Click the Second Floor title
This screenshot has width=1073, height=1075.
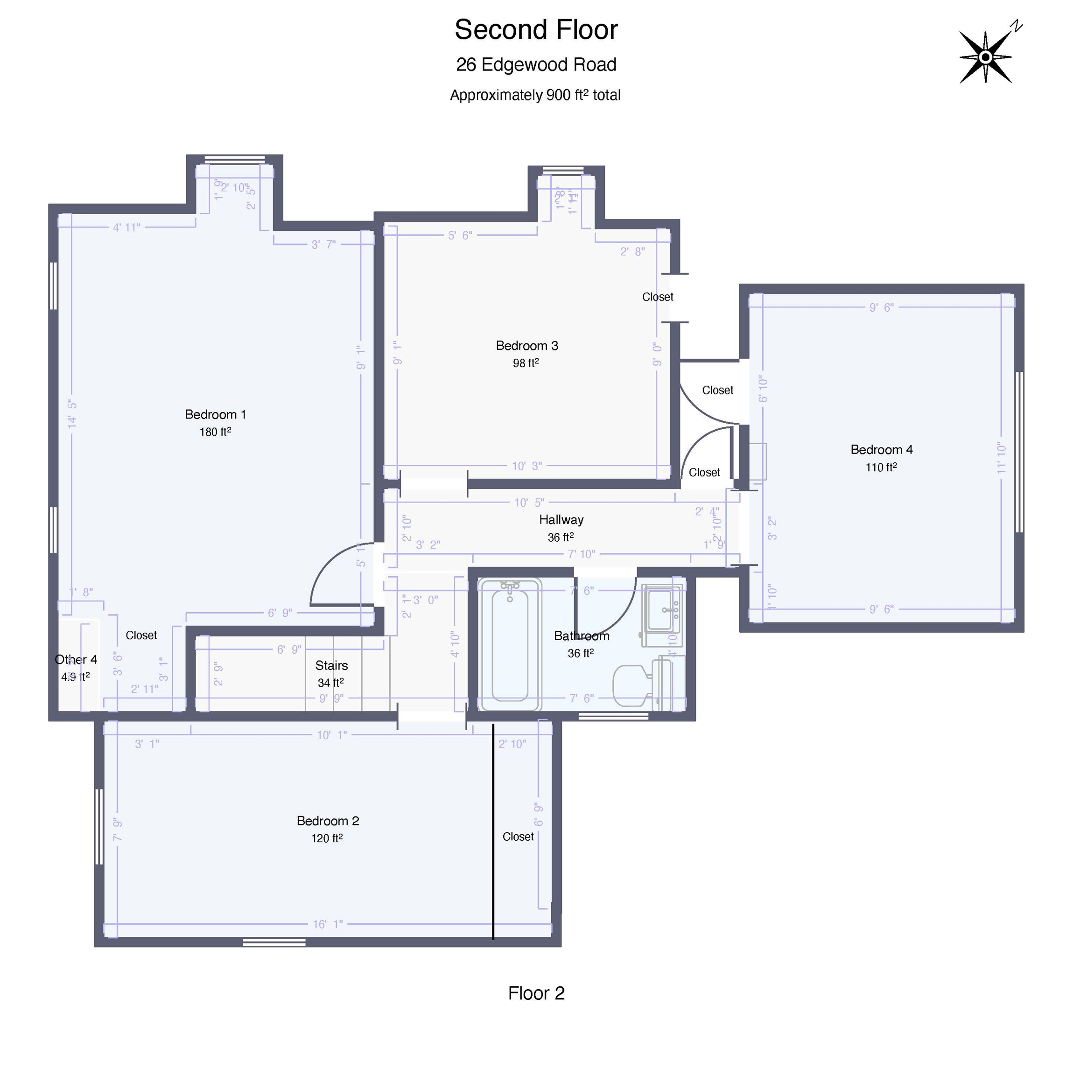535,30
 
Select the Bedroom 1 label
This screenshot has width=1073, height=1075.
215,414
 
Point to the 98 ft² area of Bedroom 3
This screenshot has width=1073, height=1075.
526,363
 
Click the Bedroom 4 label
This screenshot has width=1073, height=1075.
881,450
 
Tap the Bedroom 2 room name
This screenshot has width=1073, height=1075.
327,821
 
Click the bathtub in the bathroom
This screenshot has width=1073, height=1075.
510,645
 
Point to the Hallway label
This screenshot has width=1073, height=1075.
561,520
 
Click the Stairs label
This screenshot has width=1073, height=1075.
331,665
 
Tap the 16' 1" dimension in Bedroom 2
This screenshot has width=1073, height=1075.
328,924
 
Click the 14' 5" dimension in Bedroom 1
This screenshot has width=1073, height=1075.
72,414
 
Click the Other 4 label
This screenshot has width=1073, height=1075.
76,660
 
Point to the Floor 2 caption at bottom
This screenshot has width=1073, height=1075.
536,993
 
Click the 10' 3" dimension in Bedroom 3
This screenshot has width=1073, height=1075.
526,466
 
